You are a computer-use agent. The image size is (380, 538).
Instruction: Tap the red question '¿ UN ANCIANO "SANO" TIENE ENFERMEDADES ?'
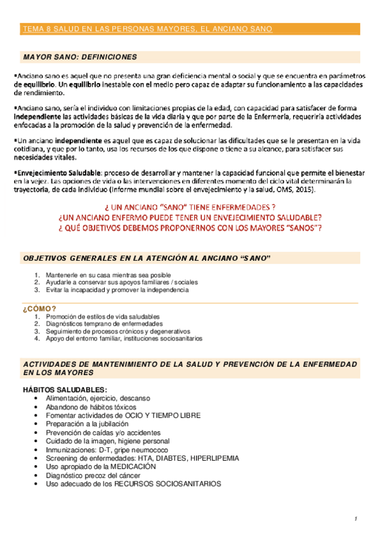[x=189, y=207]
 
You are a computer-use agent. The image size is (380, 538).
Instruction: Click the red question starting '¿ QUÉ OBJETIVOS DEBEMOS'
[x=189, y=226]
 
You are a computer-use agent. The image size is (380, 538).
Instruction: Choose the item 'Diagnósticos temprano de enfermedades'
[x=104, y=324]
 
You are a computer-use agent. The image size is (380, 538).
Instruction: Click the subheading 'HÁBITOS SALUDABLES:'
[x=65, y=389]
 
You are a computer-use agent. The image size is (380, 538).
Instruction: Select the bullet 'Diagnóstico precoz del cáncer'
[x=92, y=475]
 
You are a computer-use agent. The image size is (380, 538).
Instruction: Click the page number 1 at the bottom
[x=357, y=520]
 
